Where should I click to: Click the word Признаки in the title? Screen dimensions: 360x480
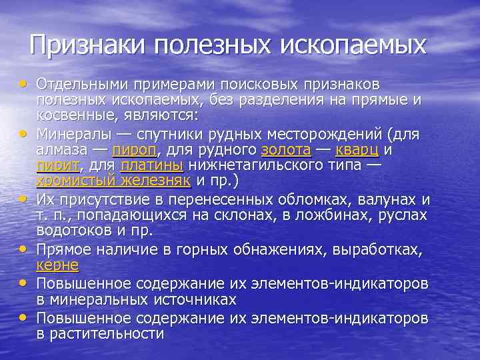pyautogui.click(x=89, y=45)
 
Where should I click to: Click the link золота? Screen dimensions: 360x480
pyautogui.click(x=286, y=150)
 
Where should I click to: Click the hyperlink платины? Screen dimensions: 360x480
pyautogui.click(x=153, y=165)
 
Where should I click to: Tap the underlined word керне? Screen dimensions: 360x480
pyautogui.click(x=57, y=265)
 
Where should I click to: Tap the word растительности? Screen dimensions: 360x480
pyautogui.click(x=107, y=333)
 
